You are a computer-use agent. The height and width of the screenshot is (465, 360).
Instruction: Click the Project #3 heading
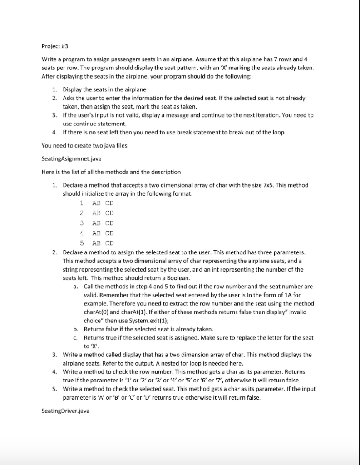pyautogui.click(x=54, y=46)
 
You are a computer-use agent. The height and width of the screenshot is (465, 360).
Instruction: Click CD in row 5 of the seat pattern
pyautogui.click(x=108, y=242)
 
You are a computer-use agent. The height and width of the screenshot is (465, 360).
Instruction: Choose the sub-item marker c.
pyautogui.click(x=74, y=338)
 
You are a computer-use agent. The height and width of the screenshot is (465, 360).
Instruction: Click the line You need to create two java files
pyautogui.click(x=86, y=146)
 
